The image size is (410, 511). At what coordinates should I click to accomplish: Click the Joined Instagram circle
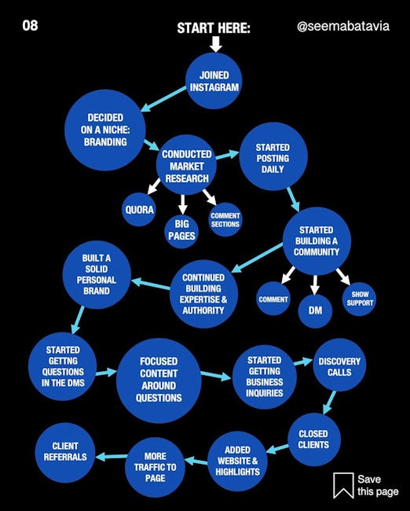coord(214,81)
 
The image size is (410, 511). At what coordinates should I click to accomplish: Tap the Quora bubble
coord(139,210)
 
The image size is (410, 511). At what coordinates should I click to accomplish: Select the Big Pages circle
coord(181,230)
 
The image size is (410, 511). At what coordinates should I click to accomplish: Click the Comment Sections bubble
coord(225,219)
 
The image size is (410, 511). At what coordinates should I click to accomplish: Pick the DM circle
coord(315,311)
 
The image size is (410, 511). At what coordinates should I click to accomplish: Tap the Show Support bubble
coord(360,299)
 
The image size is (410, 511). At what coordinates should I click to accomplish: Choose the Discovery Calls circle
coord(339,365)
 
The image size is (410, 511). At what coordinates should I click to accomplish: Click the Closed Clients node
coord(314,439)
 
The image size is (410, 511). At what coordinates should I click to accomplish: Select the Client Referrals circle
coord(65,453)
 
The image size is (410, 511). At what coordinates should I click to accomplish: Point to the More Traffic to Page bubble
coord(155,467)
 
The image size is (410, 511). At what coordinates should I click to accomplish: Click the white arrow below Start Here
coord(215,44)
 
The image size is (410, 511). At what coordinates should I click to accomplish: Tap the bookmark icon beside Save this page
coord(343,485)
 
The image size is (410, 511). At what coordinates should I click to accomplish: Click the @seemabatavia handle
coord(343,26)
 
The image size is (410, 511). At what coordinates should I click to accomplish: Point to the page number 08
coord(30,25)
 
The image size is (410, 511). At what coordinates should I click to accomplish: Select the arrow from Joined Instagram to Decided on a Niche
coord(163,99)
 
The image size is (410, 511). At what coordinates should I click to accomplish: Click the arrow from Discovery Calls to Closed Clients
coord(329,403)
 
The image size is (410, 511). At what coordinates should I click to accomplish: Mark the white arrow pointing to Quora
coord(153,186)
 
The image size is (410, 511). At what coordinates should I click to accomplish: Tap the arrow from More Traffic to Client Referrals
coord(111,457)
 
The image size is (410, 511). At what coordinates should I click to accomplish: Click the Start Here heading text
coord(214,28)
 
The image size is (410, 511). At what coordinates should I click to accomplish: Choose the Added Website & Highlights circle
coord(237,461)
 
